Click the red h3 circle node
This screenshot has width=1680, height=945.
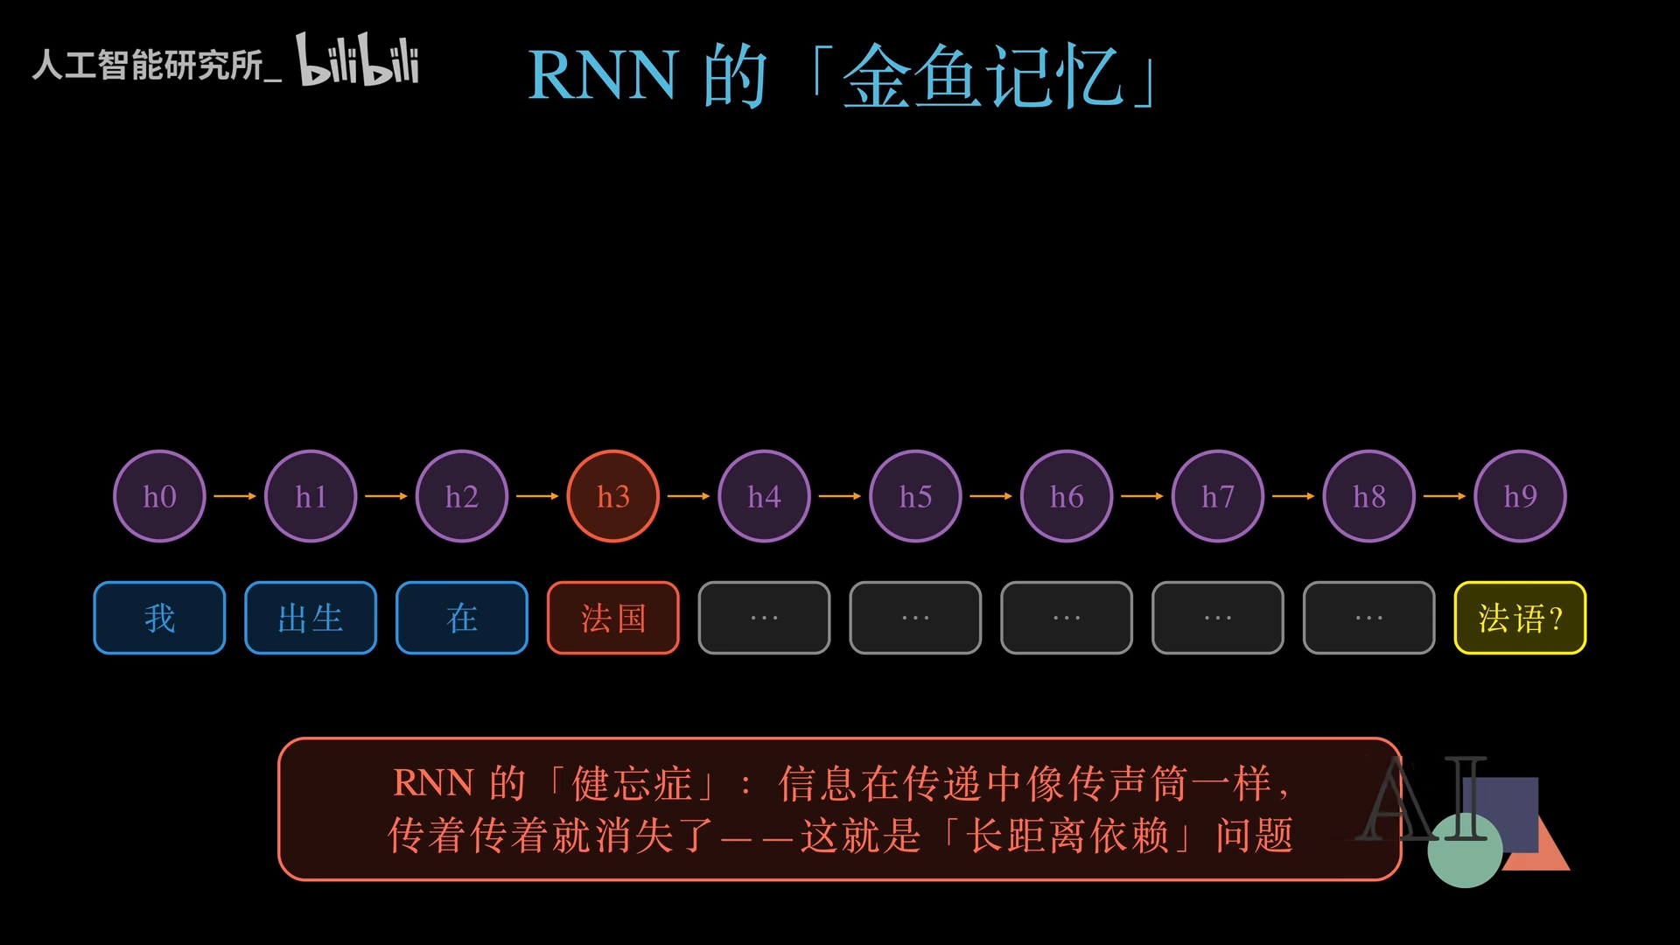click(613, 496)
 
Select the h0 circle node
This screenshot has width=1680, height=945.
click(159, 496)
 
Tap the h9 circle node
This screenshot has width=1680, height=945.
click(1521, 496)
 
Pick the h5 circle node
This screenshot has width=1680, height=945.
click(915, 496)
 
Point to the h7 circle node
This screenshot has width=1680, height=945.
click(1218, 496)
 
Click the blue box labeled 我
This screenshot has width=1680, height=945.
click(159, 618)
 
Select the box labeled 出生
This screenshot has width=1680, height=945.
click(311, 618)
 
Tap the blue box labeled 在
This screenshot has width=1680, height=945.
click(462, 618)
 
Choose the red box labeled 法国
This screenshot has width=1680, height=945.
click(613, 618)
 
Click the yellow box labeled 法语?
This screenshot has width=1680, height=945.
click(1521, 618)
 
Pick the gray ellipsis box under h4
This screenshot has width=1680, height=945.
click(764, 618)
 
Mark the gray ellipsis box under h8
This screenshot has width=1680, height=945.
click(1369, 618)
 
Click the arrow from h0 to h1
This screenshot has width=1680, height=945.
click(235, 496)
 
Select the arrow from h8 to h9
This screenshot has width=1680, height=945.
click(1445, 496)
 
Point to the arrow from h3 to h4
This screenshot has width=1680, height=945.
click(689, 496)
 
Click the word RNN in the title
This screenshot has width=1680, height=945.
click(603, 76)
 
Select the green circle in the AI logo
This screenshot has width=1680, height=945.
click(1465, 850)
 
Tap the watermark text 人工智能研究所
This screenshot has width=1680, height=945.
click(148, 65)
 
